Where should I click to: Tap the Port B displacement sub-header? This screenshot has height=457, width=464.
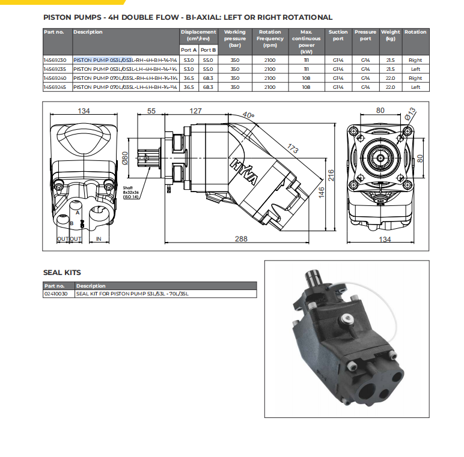click(208, 50)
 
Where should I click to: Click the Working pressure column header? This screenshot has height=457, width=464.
click(234, 38)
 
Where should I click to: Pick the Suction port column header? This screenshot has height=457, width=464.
click(338, 35)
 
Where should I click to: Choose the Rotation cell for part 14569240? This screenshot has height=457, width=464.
click(415, 78)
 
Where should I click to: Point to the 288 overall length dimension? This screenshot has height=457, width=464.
click(240, 239)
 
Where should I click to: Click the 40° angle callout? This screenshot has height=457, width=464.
click(265, 115)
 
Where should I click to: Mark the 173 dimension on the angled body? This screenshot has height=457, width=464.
click(293, 147)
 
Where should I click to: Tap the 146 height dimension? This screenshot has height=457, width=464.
click(321, 192)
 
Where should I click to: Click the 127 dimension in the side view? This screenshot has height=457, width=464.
click(195, 110)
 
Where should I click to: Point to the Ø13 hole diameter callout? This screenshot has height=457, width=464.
click(411, 113)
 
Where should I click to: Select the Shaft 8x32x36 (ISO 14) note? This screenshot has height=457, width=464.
click(131, 192)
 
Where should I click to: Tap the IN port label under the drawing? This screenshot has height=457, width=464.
click(99, 238)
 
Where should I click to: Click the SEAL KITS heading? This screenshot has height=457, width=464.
click(62, 273)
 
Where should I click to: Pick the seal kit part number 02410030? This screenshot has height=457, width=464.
click(56, 294)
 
